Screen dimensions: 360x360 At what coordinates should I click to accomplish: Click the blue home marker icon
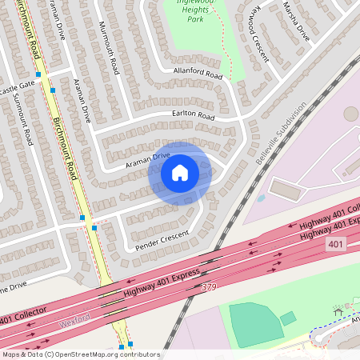pyautogui.click(x=180, y=172)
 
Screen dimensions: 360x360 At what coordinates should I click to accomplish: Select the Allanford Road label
pyautogui.click(x=198, y=73)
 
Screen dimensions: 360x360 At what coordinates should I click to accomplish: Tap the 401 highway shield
pyautogui.click(x=336, y=243)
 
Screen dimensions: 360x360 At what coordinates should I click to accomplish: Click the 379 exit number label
pyautogui.click(x=210, y=286)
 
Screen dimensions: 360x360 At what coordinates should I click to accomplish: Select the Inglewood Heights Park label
pyautogui.click(x=191, y=11)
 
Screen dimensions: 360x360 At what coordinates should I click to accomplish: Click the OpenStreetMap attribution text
pyautogui.click(x=80, y=354)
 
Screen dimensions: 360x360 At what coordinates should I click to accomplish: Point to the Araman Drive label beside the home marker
pyautogui.click(x=148, y=160)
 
